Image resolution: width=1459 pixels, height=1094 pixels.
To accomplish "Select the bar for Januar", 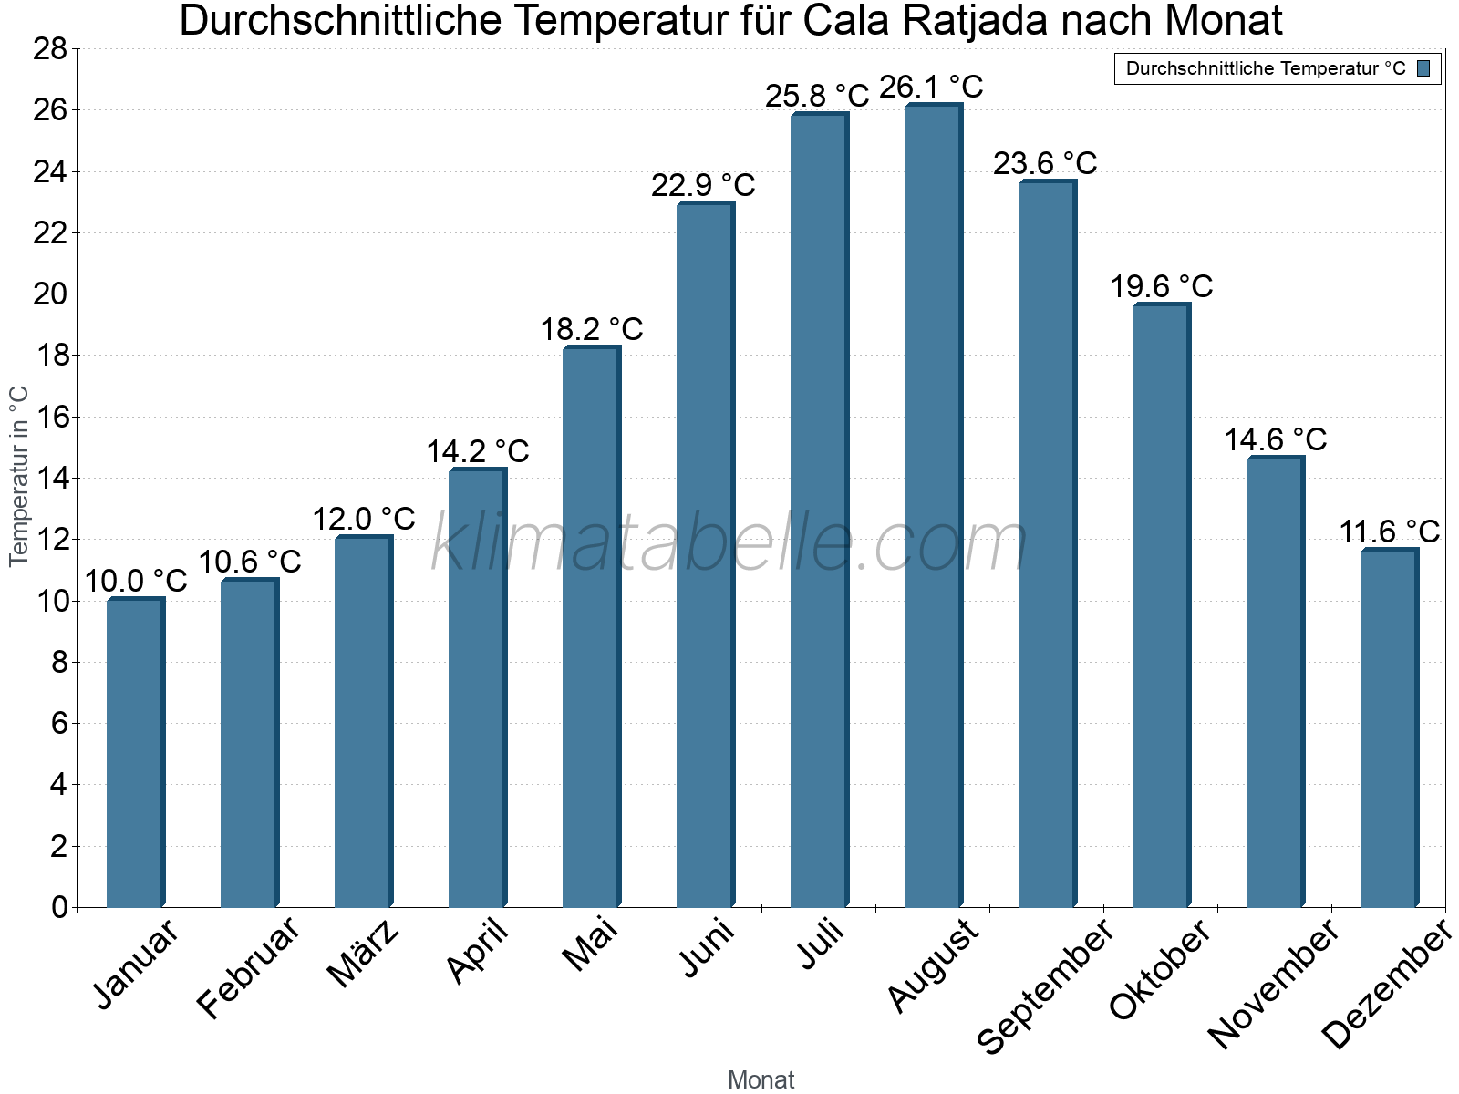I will (135, 753).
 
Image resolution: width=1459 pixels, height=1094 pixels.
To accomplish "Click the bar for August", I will (933, 507).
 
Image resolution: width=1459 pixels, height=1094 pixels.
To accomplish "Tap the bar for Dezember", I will (1389, 728).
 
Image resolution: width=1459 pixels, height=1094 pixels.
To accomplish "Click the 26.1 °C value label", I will (931, 88).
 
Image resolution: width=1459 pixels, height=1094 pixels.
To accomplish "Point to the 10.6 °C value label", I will (249, 562).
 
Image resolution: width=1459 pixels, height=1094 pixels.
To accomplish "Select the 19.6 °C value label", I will (1161, 287).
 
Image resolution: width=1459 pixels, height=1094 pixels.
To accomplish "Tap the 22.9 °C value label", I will (703, 186).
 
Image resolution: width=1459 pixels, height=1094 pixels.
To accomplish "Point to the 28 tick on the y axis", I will (51, 49).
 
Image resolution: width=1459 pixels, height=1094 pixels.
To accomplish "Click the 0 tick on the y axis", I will (60, 907).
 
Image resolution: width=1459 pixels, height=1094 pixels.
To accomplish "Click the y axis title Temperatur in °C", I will (19, 476).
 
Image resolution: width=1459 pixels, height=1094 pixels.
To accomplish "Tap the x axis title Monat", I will (761, 1079).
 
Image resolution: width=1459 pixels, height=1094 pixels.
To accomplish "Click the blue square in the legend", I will (1423, 68).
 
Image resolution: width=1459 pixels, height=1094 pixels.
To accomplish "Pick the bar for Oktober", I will (1161, 606).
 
